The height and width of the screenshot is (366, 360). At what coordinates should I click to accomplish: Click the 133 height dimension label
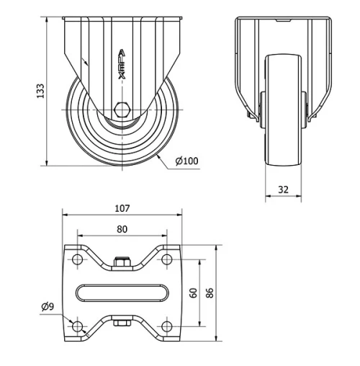(x=41, y=91)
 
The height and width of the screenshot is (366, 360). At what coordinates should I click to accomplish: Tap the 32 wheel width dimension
(x=282, y=190)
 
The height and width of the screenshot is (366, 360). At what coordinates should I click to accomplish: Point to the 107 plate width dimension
(x=122, y=209)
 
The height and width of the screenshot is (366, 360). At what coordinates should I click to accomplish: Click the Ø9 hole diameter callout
(x=48, y=308)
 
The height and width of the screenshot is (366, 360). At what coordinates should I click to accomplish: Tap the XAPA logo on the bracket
(x=122, y=62)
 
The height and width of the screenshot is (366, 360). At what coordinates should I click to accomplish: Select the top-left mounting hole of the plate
(x=77, y=259)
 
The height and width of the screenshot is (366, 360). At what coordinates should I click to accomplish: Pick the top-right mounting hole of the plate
(x=167, y=259)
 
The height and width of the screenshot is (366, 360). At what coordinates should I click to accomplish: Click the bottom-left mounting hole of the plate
(x=77, y=327)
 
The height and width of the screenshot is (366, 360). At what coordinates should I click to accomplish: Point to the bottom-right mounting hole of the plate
(x=167, y=327)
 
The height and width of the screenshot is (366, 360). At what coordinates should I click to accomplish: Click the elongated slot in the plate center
(x=122, y=293)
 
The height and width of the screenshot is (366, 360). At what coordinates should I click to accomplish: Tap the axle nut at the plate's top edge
(x=122, y=263)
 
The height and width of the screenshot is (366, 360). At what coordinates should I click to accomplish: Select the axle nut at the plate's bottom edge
(x=122, y=323)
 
